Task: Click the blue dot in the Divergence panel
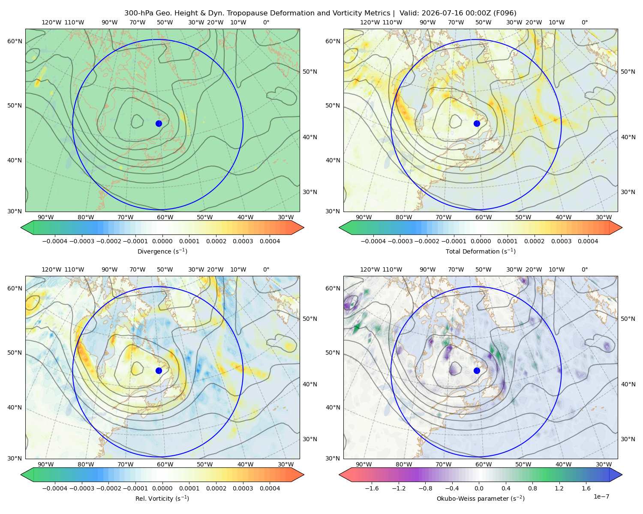click(159, 124)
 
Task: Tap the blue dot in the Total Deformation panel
click(477, 124)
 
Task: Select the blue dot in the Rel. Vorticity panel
click(159, 371)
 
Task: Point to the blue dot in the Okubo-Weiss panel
click(477, 371)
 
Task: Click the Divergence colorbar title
click(162, 251)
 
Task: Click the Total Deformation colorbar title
click(481, 251)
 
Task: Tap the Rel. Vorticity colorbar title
click(162, 499)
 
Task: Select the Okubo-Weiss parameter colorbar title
click(481, 499)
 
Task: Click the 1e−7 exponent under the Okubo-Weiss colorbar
click(601, 496)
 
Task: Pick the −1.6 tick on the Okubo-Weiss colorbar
click(372, 488)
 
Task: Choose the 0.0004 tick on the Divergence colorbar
click(270, 241)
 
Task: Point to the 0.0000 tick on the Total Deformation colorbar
click(481, 241)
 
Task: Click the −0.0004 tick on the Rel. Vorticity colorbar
click(55, 488)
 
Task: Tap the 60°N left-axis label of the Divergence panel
click(15, 41)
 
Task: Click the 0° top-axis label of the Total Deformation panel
click(585, 22)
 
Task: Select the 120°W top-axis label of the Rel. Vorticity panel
click(51, 269)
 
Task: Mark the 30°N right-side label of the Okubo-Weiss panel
click(628, 439)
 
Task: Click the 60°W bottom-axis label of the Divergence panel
click(165, 218)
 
